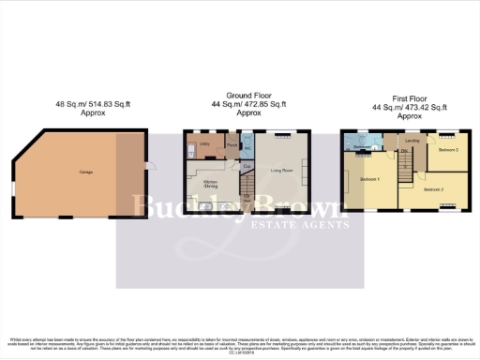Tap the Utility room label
tap(204, 144)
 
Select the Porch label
tap(231, 146)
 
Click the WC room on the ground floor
tap(247, 148)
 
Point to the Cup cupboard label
tap(247, 167)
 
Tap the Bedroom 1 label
tap(370, 178)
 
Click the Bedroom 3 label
tap(448, 150)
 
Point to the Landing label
tap(411, 142)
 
